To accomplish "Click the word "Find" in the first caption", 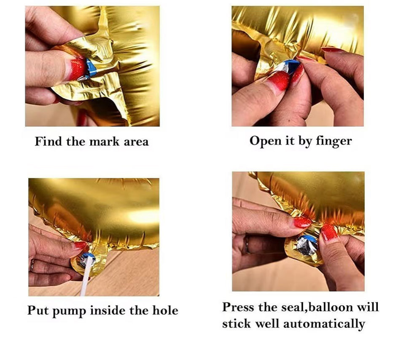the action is point(49,141).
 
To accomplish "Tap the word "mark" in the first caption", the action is point(104,142).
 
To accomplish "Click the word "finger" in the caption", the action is point(334,141).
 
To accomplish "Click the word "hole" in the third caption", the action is point(165,310).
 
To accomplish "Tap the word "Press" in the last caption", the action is point(238,307).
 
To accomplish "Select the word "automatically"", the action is point(324,324).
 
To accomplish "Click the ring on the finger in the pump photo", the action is point(32,265).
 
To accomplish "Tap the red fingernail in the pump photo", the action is point(81,245).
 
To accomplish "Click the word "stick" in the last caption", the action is point(236,324).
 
